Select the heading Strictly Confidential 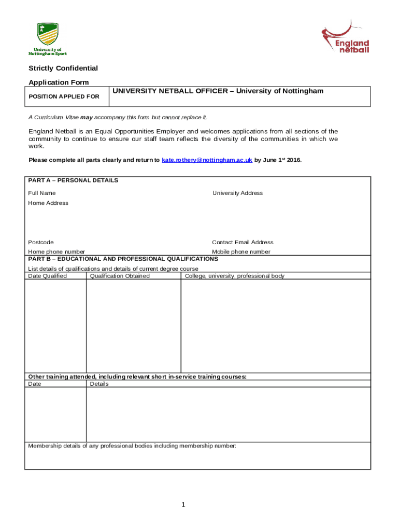[x=63, y=68]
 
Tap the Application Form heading [x=59, y=82]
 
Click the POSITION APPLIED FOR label [x=64, y=96]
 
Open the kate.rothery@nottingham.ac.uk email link [x=207, y=160]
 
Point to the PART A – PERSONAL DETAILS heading [x=73, y=180]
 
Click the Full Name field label [x=42, y=193]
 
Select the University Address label [x=237, y=193]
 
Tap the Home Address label [x=48, y=203]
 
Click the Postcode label [x=41, y=243]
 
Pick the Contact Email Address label [x=243, y=243]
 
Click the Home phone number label [x=56, y=252]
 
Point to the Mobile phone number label [x=241, y=252]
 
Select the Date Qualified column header [x=47, y=276]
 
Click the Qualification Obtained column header [x=120, y=276]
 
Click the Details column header [x=99, y=384]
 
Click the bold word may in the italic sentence [x=87, y=118]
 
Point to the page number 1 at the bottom [x=183, y=505]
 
